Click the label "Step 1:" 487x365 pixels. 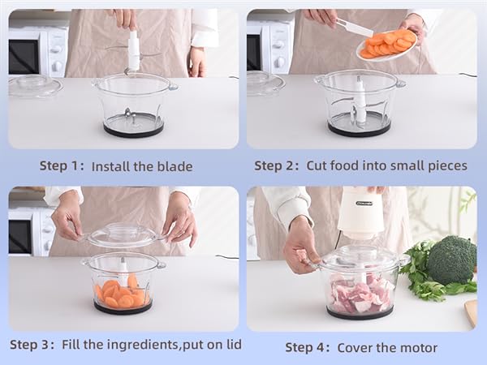click(x=62, y=166)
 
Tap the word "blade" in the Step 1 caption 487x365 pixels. click(x=174, y=166)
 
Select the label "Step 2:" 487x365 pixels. click(x=276, y=165)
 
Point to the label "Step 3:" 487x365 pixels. click(x=32, y=345)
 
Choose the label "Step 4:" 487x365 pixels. click(x=308, y=347)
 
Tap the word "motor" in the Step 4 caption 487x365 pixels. click(x=417, y=347)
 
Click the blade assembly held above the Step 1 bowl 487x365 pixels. click(x=132, y=49)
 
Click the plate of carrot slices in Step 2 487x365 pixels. click(x=387, y=45)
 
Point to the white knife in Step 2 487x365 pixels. click(x=354, y=28)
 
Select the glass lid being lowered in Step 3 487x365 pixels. click(x=123, y=236)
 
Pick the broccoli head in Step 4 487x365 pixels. click(x=451, y=260)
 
